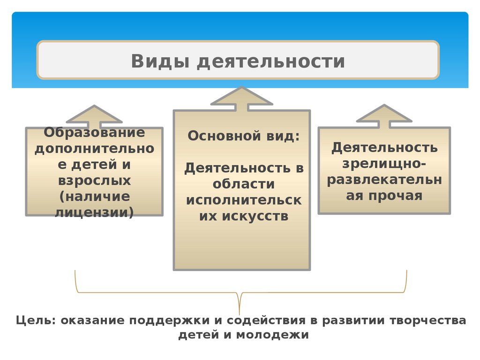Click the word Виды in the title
click(158, 62)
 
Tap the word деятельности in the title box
click(271, 62)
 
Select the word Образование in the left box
click(95, 133)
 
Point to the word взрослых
click(95, 180)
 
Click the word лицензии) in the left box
click(95, 212)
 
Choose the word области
click(244, 184)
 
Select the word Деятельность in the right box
click(384, 148)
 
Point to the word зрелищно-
click(384, 164)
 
